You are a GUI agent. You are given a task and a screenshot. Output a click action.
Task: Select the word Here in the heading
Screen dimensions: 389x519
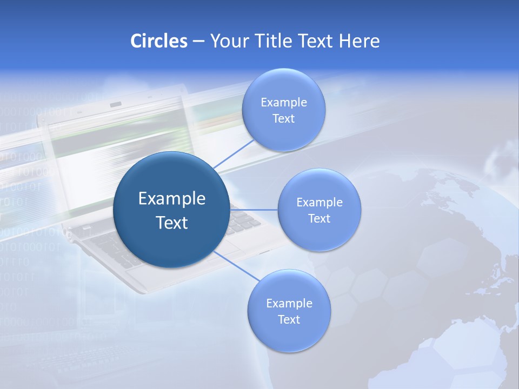360,41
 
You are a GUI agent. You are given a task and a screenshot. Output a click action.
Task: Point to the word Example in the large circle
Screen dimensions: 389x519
171,198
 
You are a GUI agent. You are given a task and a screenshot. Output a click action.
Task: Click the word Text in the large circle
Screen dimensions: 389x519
171,223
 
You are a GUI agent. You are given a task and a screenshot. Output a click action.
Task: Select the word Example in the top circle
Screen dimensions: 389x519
283,102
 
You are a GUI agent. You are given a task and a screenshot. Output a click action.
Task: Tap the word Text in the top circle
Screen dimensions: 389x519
283,118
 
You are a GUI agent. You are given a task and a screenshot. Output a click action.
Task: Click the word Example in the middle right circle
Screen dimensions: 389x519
320,202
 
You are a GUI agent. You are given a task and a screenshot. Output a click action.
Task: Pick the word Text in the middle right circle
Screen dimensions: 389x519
320,218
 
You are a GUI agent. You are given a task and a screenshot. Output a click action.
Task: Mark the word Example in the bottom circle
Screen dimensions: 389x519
289,303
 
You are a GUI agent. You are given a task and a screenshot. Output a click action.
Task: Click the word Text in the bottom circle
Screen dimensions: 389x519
289,319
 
